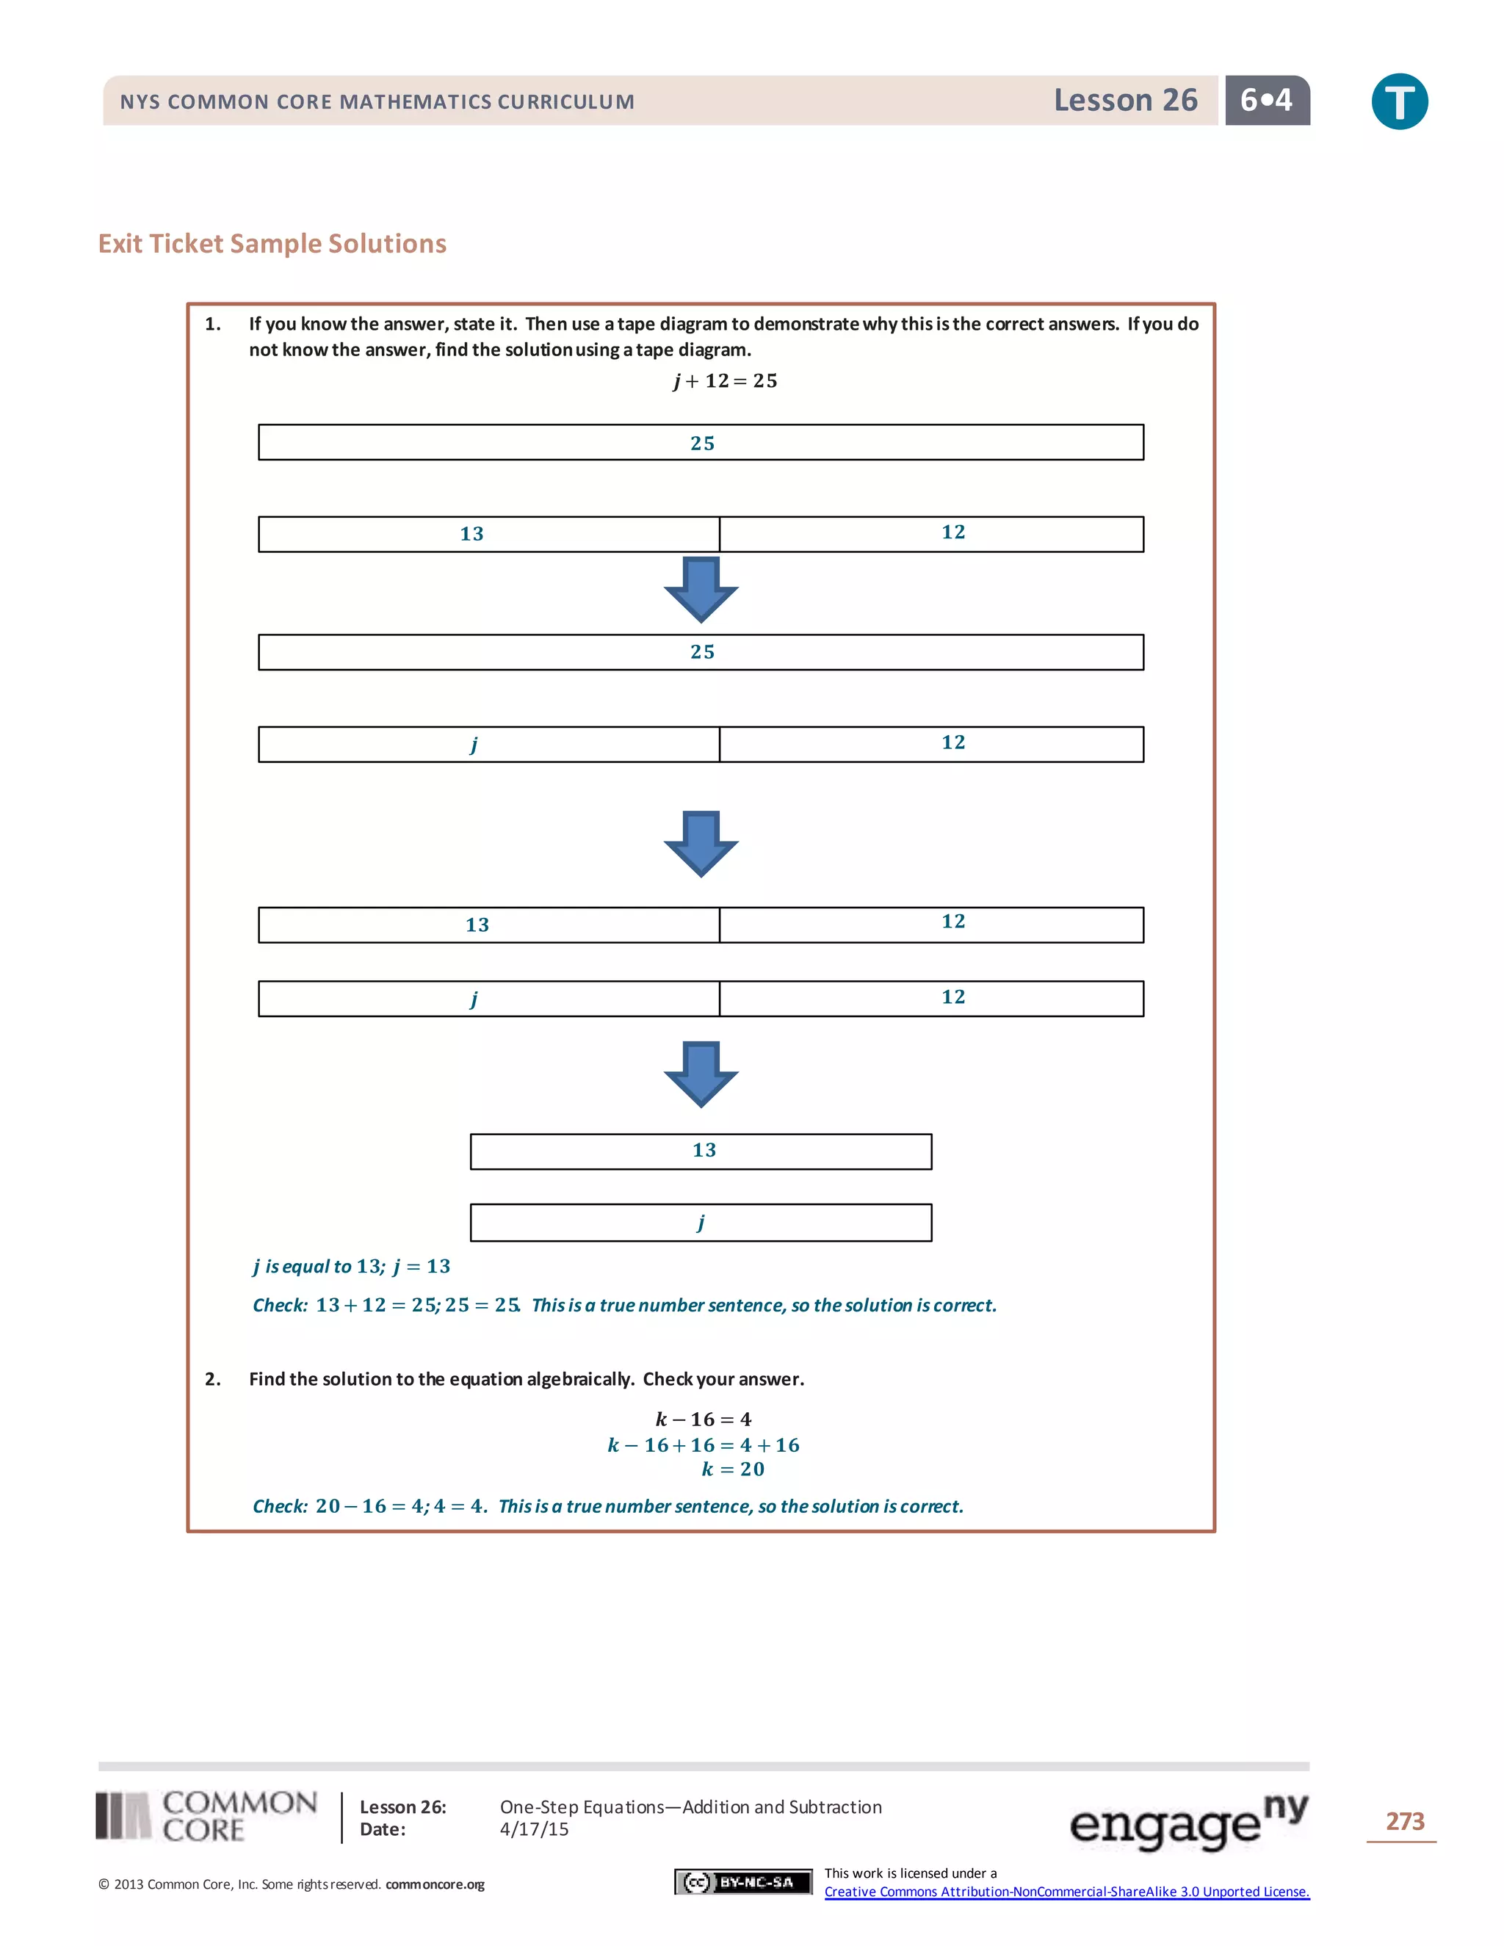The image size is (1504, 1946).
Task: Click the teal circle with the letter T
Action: [x=1399, y=101]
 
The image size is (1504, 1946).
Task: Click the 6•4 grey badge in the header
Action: [x=1266, y=100]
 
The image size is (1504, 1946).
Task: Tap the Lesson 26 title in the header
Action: [x=1125, y=100]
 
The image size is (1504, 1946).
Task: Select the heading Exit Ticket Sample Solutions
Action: [x=272, y=243]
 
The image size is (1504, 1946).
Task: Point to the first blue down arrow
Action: [x=701, y=589]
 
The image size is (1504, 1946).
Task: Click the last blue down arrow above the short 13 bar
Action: [x=701, y=1074]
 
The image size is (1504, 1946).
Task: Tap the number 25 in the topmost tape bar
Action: [x=702, y=443]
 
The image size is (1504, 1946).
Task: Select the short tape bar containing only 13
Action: [x=701, y=1151]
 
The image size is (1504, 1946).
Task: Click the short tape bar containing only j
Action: [x=701, y=1223]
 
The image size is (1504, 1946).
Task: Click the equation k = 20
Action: [x=732, y=1469]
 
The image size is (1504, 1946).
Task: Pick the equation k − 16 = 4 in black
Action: [x=704, y=1419]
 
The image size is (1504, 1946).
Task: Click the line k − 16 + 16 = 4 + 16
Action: [x=704, y=1445]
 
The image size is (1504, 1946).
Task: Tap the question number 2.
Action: [x=213, y=1379]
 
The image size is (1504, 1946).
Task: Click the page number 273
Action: [x=1404, y=1821]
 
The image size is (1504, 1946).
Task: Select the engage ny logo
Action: [x=1187, y=1821]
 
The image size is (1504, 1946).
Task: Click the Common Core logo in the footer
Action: [x=206, y=1817]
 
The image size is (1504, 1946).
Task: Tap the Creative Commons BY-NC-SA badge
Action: [x=743, y=1882]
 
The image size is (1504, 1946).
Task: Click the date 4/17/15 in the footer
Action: [x=534, y=1829]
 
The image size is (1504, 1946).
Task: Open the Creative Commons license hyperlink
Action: [x=1066, y=1892]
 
